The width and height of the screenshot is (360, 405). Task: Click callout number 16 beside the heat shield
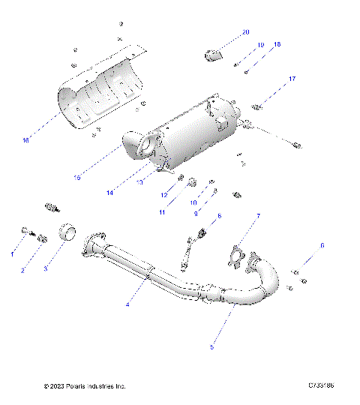point(25,140)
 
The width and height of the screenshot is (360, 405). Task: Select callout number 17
point(292,79)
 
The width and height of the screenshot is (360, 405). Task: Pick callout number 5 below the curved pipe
point(212,346)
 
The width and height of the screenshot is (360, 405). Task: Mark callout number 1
point(12,254)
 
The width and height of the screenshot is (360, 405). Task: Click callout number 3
point(45,268)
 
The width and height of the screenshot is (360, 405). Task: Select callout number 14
point(109,193)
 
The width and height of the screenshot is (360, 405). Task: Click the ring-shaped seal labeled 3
point(70,233)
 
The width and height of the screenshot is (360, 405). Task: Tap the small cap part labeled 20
point(214,54)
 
